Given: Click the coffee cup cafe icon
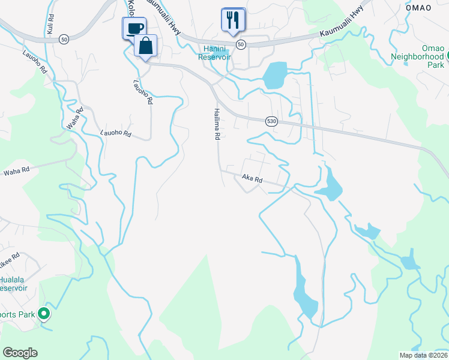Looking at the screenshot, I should pyautogui.click(x=134, y=28).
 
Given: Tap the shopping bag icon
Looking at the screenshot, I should pyautogui.click(x=146, y=46).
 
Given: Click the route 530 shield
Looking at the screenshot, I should pyautogui.click(x=272, y=121).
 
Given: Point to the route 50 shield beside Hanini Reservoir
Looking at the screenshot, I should pyautogui.click(x=241, y=44).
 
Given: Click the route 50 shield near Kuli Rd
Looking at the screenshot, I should pyautogui.click(x=63, y=39).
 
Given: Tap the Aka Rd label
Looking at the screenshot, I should pyautogui.click(x=253, y=179).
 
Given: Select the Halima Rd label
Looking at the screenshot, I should pyautogui.click(x=216, y=124).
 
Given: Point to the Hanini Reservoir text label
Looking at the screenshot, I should pyautogui.click(x=215, y=52).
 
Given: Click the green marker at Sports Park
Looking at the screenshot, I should pyautogui.click(x=44, y=313).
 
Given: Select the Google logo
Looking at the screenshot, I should pyautogui.click(x=20, y=353).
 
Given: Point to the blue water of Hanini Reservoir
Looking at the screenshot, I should pyautogui.click(x=274, y=76).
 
